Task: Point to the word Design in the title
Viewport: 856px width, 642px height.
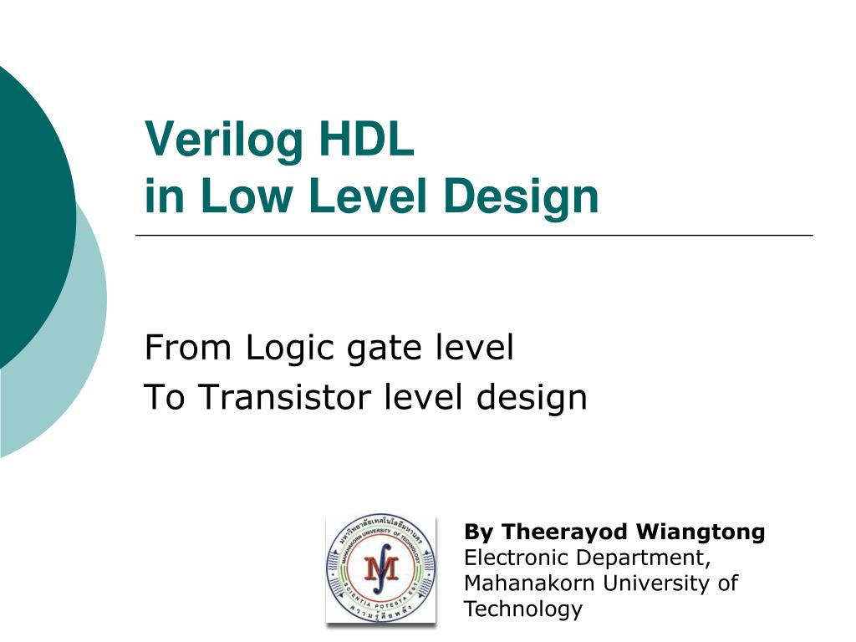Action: click(522, 197)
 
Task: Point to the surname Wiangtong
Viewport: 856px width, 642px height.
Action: click(701, 532)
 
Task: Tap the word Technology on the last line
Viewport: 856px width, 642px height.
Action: click(522, 609)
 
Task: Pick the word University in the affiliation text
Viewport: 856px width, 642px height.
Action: click(660, 583)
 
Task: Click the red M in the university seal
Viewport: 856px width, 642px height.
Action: click(380, 571)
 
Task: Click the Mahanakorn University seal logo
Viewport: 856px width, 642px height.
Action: click(381, 569)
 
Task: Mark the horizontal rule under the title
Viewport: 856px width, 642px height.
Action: click(474, 236)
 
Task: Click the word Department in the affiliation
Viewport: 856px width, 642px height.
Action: click(639, 558)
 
